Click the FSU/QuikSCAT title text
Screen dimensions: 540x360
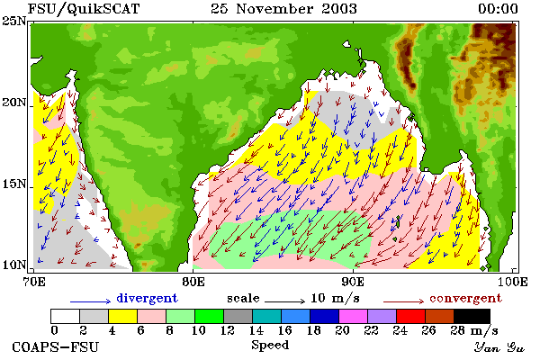point(84,9)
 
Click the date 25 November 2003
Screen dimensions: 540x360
point(283,9)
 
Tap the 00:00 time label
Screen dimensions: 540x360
point(498,9)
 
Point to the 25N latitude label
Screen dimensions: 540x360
point(13,22)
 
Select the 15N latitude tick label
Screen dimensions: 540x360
point(13,184)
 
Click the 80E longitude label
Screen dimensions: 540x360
point(193,282)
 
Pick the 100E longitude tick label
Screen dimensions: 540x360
point(513,282)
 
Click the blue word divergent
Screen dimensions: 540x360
point(147,298)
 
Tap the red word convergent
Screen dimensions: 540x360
point(465,298)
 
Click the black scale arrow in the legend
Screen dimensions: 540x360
point(284,301)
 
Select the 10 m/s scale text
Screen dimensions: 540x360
point(335,298)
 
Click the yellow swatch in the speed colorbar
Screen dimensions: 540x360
point(123,316)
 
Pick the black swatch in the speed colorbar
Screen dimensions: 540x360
point(472,316)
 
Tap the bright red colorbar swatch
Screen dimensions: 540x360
point(411,316)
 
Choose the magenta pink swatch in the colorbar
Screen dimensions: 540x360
point(354,316)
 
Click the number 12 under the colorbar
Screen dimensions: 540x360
point(228,330)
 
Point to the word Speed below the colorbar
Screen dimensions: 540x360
point(270,346)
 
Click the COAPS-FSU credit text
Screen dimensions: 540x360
point(56,346)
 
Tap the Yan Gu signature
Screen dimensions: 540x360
point(499,347)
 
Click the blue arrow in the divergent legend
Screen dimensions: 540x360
point(91,301)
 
